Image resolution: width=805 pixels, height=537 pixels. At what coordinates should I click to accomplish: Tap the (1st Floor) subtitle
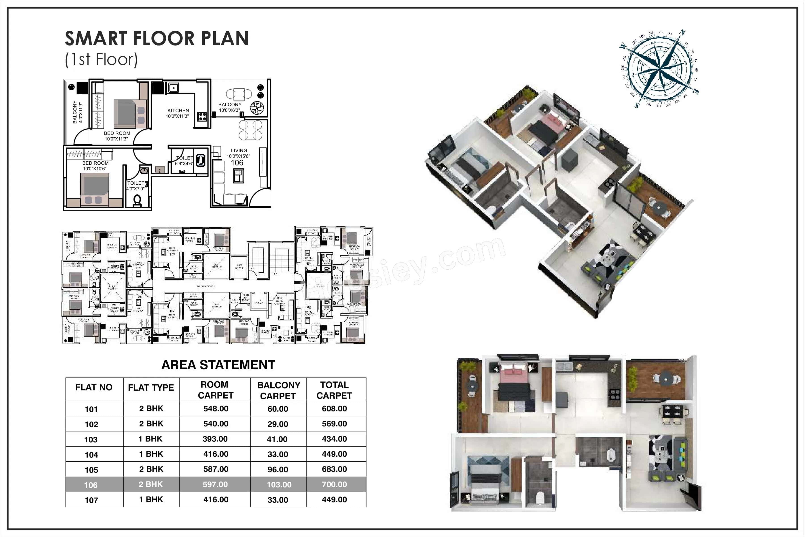[101, 60]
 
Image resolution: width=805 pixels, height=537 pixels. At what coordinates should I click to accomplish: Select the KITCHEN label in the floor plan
[178, 111]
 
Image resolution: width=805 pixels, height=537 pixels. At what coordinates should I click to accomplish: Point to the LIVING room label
[239, 150]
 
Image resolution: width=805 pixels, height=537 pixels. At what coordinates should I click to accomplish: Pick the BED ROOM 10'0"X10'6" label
[95, 166]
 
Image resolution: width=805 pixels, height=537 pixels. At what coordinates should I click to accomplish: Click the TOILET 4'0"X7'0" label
[136, 186]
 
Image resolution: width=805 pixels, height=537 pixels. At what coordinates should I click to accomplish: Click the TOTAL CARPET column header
[334, 390]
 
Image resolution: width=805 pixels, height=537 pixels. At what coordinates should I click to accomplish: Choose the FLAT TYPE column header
[151, 388]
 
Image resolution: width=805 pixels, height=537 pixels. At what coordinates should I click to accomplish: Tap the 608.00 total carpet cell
[334, 409]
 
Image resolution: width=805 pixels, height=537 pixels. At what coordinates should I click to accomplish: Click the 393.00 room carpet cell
[215, 439]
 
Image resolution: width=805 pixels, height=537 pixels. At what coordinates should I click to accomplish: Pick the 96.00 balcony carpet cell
[278, 469]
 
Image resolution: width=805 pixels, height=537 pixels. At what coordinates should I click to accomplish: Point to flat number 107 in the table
[91, 500]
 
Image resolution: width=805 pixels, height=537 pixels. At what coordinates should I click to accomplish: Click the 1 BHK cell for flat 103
[150, 439]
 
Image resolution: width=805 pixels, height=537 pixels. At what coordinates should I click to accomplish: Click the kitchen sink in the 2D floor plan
[173, 88]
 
